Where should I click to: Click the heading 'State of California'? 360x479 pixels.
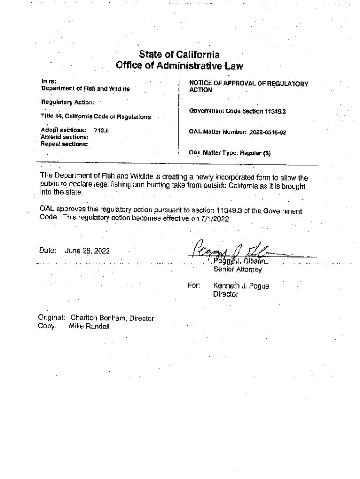180,55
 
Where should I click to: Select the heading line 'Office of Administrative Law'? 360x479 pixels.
180,66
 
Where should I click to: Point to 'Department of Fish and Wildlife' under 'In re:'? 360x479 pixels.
85,88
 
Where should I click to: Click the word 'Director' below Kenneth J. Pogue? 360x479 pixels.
226,294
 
